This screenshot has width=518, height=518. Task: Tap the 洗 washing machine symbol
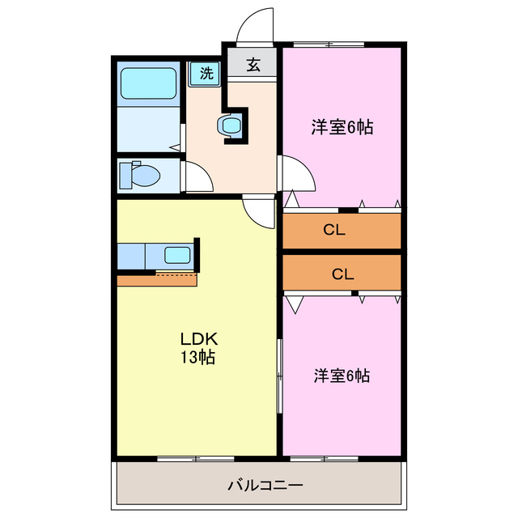206,74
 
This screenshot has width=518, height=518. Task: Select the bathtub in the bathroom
148,84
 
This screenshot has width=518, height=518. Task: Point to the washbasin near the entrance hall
230,125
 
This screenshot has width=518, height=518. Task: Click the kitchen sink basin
176,255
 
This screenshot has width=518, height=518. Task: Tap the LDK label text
196,339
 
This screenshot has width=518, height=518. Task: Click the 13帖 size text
196,357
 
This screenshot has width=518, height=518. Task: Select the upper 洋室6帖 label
342,127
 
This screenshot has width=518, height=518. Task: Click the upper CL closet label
334,230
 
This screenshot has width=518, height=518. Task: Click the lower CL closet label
342,274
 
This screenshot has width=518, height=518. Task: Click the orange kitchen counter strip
157,280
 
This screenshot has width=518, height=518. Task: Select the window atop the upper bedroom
328,43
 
